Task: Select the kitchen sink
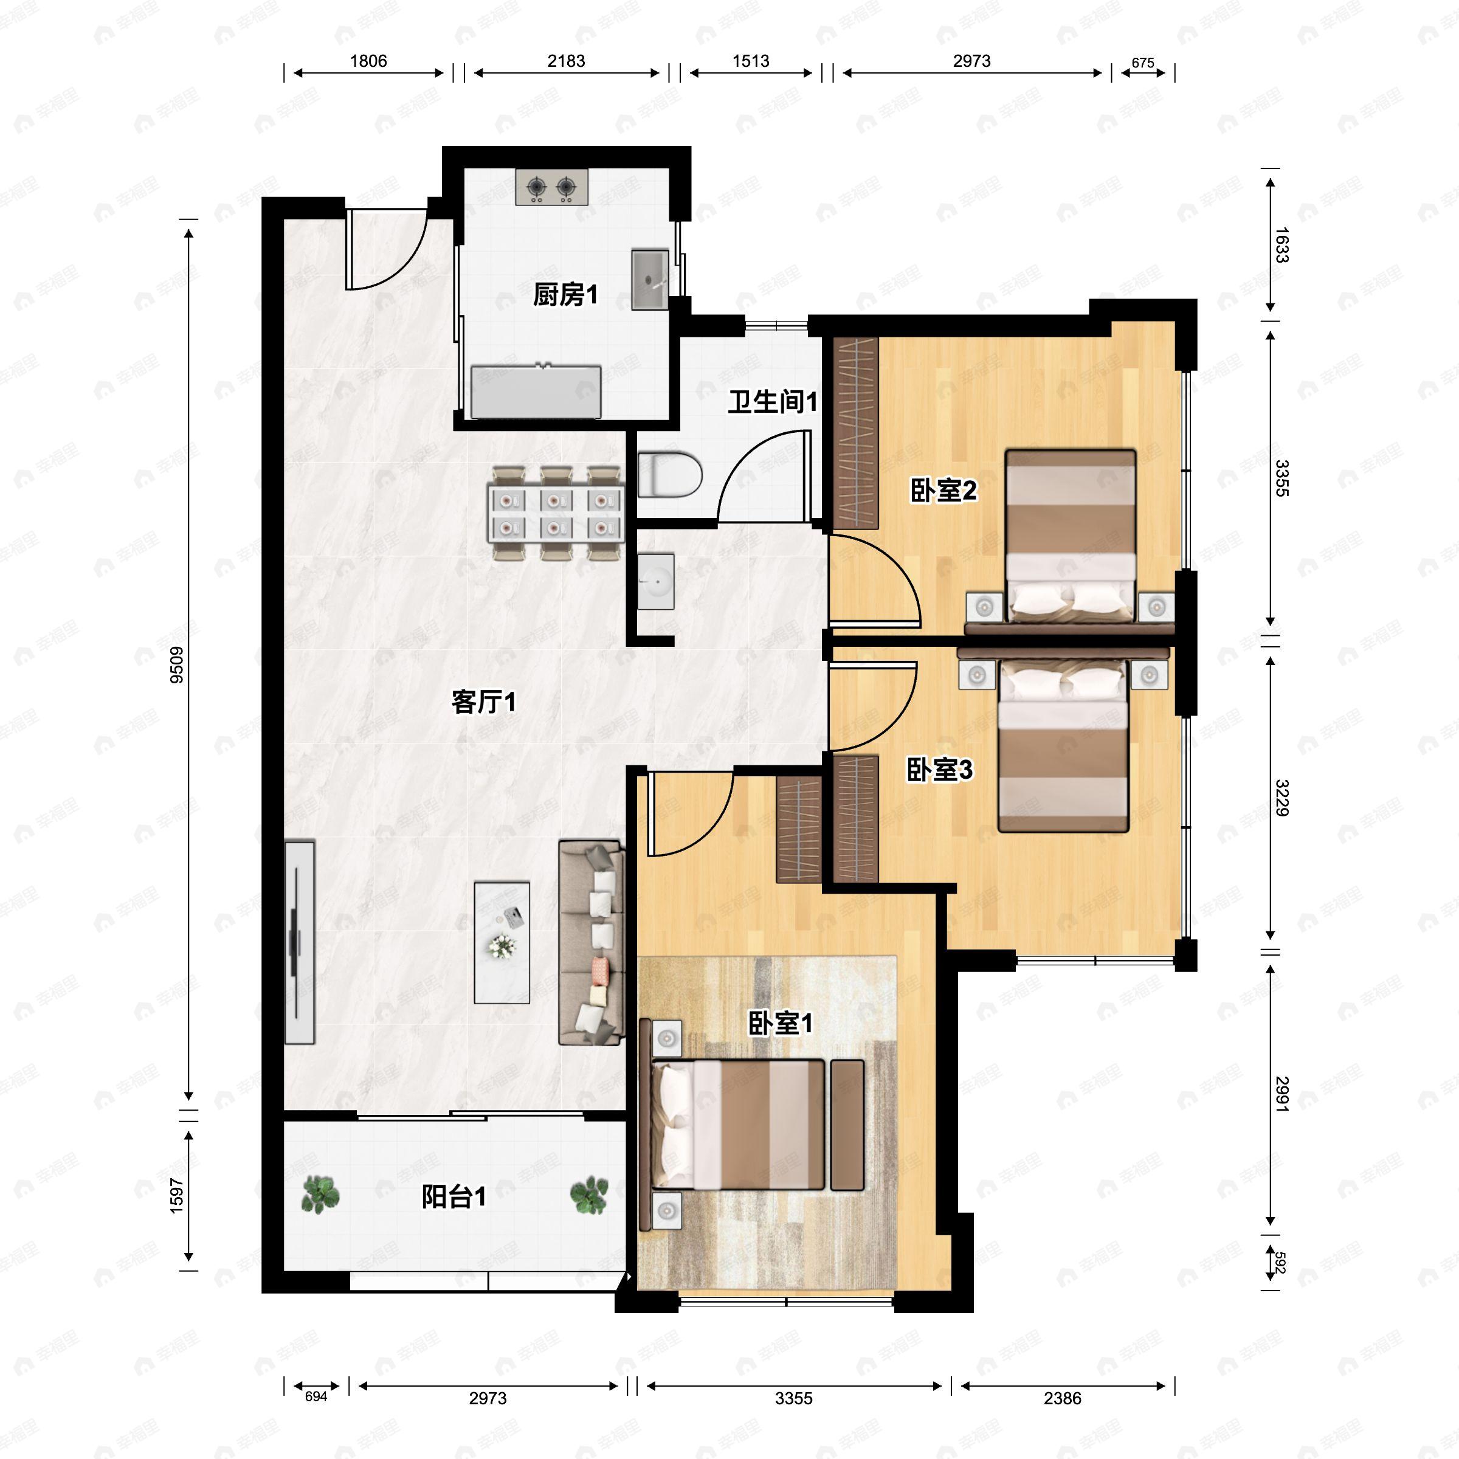649,280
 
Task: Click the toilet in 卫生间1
669,474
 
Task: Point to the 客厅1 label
483,702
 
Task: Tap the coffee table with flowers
502,942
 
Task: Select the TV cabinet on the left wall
299,942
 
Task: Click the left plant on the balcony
320,1195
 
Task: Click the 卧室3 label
939,770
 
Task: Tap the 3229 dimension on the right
1281,798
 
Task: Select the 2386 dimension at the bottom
1062,1398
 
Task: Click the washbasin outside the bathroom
654,580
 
